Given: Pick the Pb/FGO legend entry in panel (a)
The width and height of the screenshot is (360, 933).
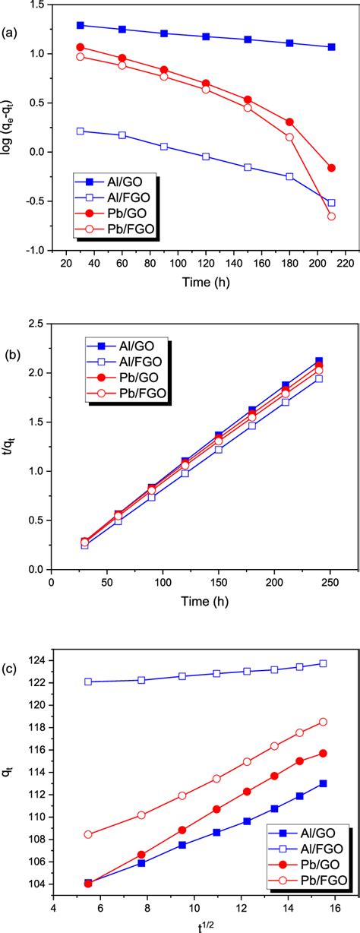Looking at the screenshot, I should (122, 227).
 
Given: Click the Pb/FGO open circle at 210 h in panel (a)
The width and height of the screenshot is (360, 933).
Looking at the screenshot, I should (331, 217).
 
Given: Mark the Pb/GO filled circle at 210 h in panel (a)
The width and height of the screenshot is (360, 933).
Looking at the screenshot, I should (331, 168).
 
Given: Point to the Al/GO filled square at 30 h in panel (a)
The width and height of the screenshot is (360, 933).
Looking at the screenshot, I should (81, 25).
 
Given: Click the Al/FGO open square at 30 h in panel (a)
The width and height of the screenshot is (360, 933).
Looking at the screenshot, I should (81, 131).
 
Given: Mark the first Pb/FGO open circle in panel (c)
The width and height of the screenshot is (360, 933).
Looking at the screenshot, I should (88, 770).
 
